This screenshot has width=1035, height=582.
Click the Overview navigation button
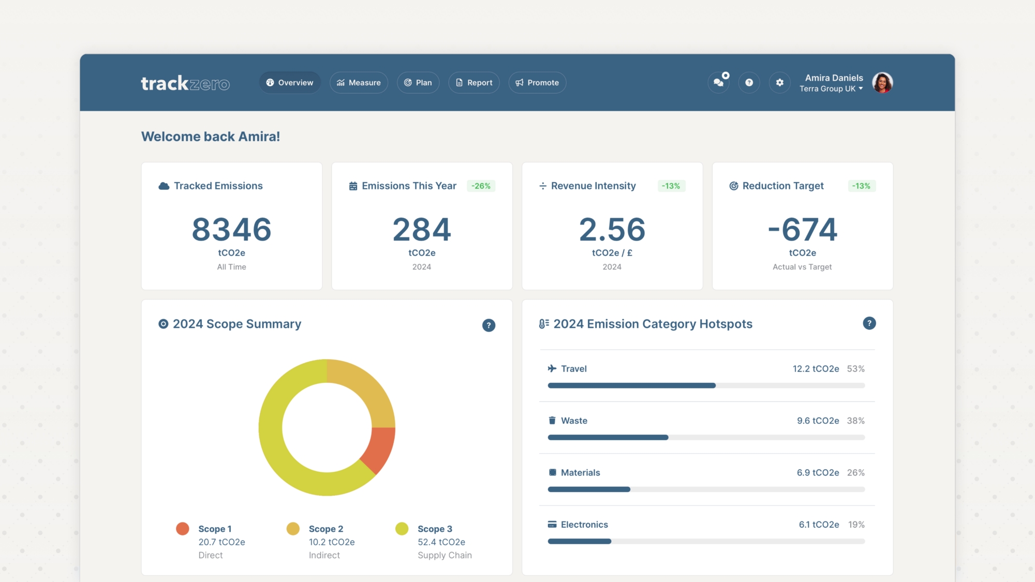[x=290, y=83]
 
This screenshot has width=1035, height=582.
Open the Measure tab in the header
[x=359, y=83]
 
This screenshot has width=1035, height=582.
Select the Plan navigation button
[x=418, y=83]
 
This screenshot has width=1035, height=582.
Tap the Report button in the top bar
[x=474, y=83]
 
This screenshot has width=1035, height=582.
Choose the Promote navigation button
[x=537, y=83]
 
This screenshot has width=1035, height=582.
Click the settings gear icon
[x=779, y=83]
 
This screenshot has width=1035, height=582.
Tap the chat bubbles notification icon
[x=718, y=83]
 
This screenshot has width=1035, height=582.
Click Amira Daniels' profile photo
[x=882, y=83]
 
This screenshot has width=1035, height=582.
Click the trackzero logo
[x=185, y=83]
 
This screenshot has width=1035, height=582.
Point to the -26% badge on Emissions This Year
[x=481, y=186]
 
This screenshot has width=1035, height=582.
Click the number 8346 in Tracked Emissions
[x=231, y=229]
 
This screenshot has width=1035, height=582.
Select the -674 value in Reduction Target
[x=802, y=229]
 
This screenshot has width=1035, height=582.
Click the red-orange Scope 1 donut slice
[x=379, y=448]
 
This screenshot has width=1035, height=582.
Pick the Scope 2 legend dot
[x=293, y=529]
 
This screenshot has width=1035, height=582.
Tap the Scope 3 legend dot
[x=402, y=529]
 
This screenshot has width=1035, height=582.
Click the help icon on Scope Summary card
[x=489, y=325]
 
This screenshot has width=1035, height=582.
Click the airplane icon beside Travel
[x=552, y=369]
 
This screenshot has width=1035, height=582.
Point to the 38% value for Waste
[x=855, y=421]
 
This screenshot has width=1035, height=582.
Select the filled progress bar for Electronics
[x=580, y=542]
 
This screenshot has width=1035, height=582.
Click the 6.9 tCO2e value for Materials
[x=818, y=473]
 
